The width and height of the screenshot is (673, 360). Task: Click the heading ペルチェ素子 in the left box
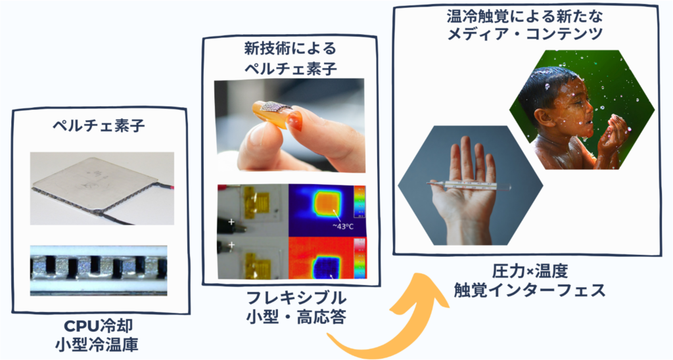(x=99, y=125)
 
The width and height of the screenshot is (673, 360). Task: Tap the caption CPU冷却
(x=99, y=326)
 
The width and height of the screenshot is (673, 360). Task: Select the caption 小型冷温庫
(x=99, y=344)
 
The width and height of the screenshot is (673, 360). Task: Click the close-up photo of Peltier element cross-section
(x=99, y=270)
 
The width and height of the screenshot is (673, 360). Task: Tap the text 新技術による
(x=290, y=49)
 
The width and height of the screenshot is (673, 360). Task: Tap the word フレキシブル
(x=296, y=298)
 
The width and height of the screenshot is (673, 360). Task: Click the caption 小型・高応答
(x=296, y=317)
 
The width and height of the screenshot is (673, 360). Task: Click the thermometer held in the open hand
(x=470, y=184)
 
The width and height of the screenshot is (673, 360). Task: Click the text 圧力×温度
(x=530, y=271)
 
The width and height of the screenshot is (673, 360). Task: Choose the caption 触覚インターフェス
(x=530, y=290)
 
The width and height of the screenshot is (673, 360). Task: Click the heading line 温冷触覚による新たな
(x=525, y=16)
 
